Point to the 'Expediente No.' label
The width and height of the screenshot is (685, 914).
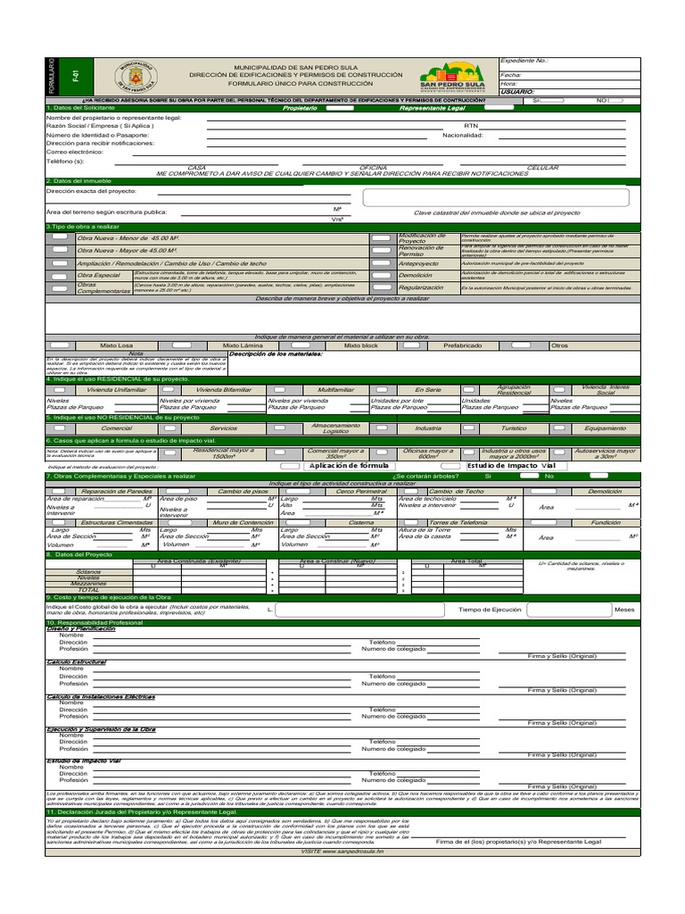tap(524, 62)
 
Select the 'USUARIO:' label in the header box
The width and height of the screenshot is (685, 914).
tap(518, 91)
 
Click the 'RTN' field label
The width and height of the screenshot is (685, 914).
tap(472, 126)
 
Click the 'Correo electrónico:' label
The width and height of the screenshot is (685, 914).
tap(75, 152)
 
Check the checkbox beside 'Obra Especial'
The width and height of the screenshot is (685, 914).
tap(59, 277)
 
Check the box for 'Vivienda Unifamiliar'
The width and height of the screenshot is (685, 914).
tap(59, 390)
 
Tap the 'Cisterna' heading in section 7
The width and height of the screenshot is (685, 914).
tap(361, 522)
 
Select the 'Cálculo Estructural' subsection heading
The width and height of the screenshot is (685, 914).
tap(77, 661)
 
